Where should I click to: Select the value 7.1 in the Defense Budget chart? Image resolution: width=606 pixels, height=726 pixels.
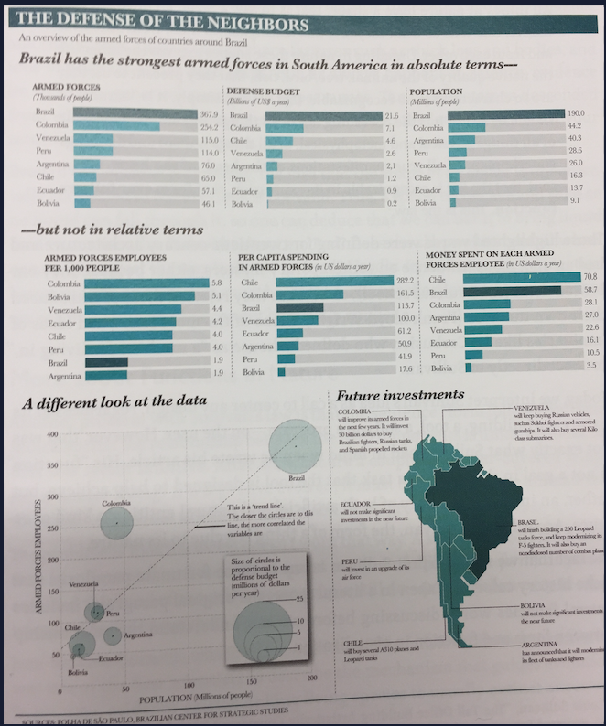388,128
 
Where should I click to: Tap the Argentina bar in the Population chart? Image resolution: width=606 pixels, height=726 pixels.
463,141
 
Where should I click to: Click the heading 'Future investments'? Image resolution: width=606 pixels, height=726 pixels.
400,396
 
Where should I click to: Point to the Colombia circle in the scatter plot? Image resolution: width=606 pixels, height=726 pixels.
116,523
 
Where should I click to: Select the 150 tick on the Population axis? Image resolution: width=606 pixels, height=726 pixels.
249,682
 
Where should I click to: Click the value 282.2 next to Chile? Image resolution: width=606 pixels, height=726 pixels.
405,279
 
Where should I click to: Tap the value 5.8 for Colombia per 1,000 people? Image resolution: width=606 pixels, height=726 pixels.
217,283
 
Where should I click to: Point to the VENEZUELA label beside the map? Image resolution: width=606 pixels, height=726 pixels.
535,406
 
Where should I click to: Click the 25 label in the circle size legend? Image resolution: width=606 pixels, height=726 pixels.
300,597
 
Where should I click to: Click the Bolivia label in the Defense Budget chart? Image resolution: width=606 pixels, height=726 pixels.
242,204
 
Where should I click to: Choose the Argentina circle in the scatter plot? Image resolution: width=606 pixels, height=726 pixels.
112,635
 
